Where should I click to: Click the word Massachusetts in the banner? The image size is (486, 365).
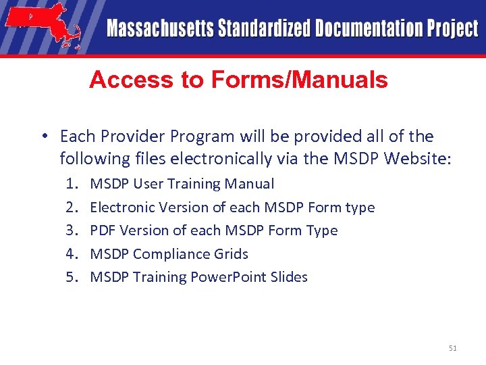coord(159,29)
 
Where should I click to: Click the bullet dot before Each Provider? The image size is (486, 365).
coord(43,137)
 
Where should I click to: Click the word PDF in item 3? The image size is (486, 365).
coord(103,230)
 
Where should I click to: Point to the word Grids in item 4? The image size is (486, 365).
coord(232,254)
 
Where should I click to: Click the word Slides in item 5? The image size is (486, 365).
coord(289,277)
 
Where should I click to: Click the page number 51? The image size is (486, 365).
coord(452,348)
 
